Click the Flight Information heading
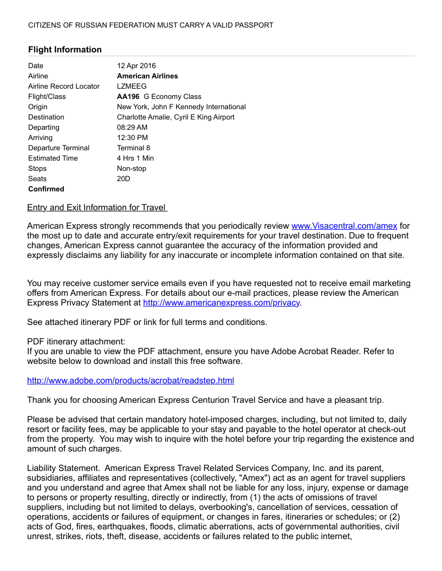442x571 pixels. pyautogui.click(x=65, y=50)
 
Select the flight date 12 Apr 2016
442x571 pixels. pyautogui.click(x=136, y=66)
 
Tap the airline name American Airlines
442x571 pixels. pyautogui.click(x=147, y=76)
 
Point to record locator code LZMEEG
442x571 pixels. pyautogui.click(x=132, y=87)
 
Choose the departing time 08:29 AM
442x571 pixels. pyautogui.click(x=132, y=128)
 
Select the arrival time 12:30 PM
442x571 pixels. pyautogui.click(x=132, y=138)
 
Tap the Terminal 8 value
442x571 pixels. pyautogui.click(x=134, y=148)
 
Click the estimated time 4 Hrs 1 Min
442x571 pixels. pyautogui.click(x=135, y=158)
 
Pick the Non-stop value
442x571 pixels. pyautogui.click(x=132, y=169)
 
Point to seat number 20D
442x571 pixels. pyautogui.click(x=123, y=179)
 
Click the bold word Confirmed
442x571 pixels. pyautogui.click(x=46, y=189)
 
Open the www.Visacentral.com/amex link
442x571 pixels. pyautogui.click(x=344, y=226)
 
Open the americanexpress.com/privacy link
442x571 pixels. pyautogui.click(x=221, y=303)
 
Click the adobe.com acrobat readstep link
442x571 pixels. pyautogui.click(x=131, y=381)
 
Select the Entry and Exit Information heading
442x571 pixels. pyautogui.click(x=96, y=208)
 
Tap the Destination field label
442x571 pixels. pyautogui.click(x=46, y=117)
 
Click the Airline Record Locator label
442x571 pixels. pyautogui.click(x=64, y=87)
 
